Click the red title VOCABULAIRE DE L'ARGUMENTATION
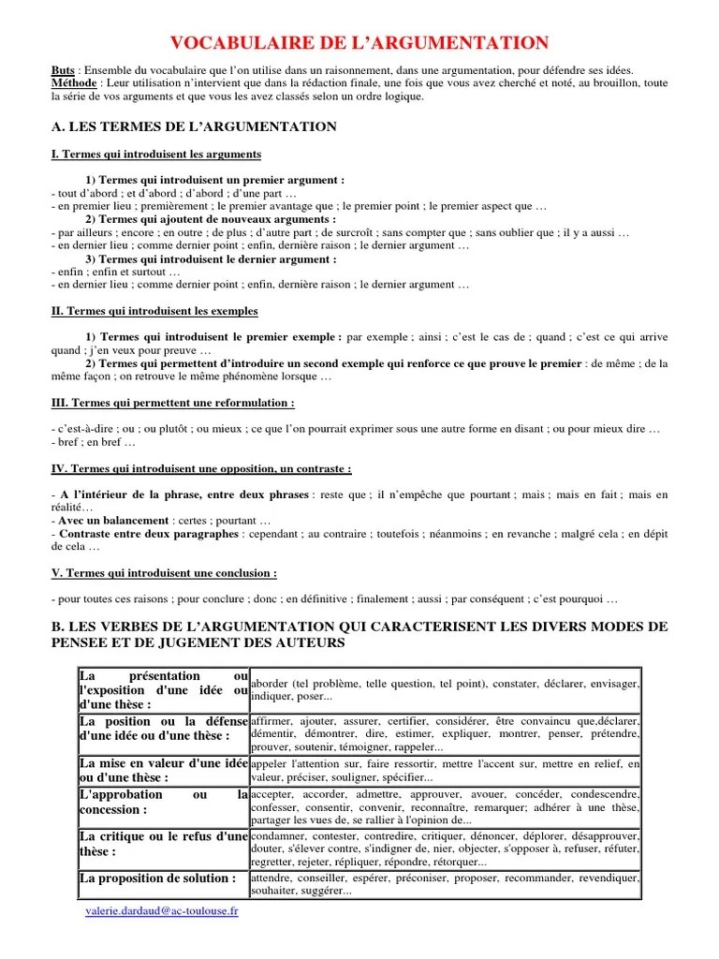[x=359, y=42]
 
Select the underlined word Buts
[x=62, y=70]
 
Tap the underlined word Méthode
[x=74, y=83]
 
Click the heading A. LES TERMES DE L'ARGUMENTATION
[x=194, y=125]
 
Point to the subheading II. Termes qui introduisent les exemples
[x=154, y=311]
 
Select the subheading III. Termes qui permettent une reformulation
[x=172, y=403]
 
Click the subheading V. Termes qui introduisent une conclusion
[x=164, y=573]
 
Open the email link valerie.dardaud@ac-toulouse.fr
[x=161, y=911]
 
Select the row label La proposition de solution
[x=157, y=878]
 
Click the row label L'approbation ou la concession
[x=163, y=802]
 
